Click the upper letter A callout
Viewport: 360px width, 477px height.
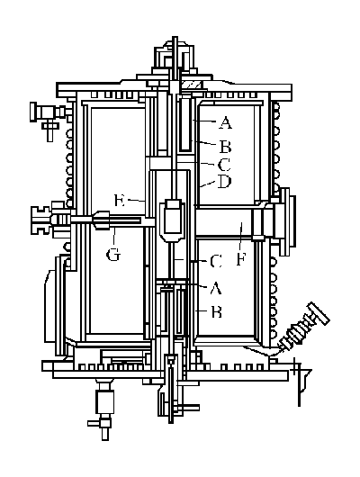pyautogui.click(x=225, y=123)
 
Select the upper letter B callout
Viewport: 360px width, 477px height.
pyautogui.click(x=225, y=147)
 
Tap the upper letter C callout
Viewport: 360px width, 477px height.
pyautogui.click(x=224, y=166)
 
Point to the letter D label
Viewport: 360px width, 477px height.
pyautogui.click(x=225, y=182)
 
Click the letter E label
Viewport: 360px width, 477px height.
pyautogui.click(x=120, y=200)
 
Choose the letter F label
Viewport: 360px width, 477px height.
pyautogui.click(x=240, y=259)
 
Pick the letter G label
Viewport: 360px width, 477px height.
pyautogui.click(x=113, y=255)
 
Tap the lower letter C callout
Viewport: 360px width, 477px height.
pyautogui.click(x=216, y=261)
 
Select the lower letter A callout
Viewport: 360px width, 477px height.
pyautogui.click(x=216, y=288)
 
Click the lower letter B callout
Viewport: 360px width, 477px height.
pyautogui.click(x=217, y=312)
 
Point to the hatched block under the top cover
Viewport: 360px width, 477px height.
pyautogui.click(x=191, y=85)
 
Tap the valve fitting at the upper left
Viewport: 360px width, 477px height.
pyautogui.click(x=49, y=117)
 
